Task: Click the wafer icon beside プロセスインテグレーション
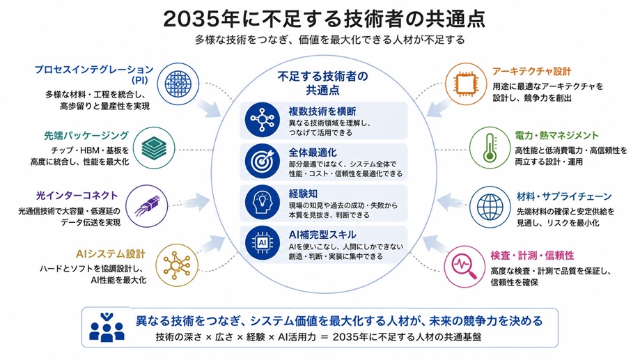[x=178, y=84]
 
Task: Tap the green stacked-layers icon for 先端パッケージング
[x=155, y=148]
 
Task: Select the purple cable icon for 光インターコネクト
[x=146, y=205]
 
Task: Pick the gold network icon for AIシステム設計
[x=177, y=265]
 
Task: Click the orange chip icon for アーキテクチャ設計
[x=465, y=84]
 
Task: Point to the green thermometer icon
[x=490, y=148]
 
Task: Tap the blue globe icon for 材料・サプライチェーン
[x=490, y=207]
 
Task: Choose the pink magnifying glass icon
[x=465, y=266]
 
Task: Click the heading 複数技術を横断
[x=322, y=111]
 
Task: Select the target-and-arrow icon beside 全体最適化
[x=262, y=162]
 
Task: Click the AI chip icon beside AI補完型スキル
[x=262, y=243]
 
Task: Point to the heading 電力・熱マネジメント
[x=556, y=136]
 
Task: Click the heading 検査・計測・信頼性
[x=532, y=256]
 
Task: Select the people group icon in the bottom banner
[x=107, y=327]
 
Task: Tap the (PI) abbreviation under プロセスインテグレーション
[x=139, y=79]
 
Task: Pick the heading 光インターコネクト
[x=77, y=196]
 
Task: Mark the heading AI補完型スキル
[x=322, y=235]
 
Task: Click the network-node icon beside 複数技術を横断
[x=262, y=119]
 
